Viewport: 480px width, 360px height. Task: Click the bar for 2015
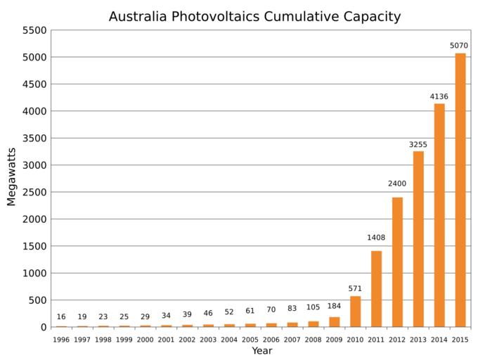[460, 190]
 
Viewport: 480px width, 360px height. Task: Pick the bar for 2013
[418, 239]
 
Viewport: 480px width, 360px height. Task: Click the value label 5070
[459, 46]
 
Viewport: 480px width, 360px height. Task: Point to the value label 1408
[376, 238]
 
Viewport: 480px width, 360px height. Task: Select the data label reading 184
[335, 306]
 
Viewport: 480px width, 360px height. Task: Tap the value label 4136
[439, 96]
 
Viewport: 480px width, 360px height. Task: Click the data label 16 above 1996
[61, 317]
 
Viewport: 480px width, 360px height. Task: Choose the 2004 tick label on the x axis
[230, 340]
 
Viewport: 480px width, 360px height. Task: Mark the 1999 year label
[124, 340]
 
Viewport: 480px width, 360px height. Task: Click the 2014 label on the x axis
[439, 340]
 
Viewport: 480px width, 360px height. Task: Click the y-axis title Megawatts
[11, 176]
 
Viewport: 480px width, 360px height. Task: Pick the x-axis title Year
[261, 351]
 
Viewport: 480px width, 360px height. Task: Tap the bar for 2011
[376, 288]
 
